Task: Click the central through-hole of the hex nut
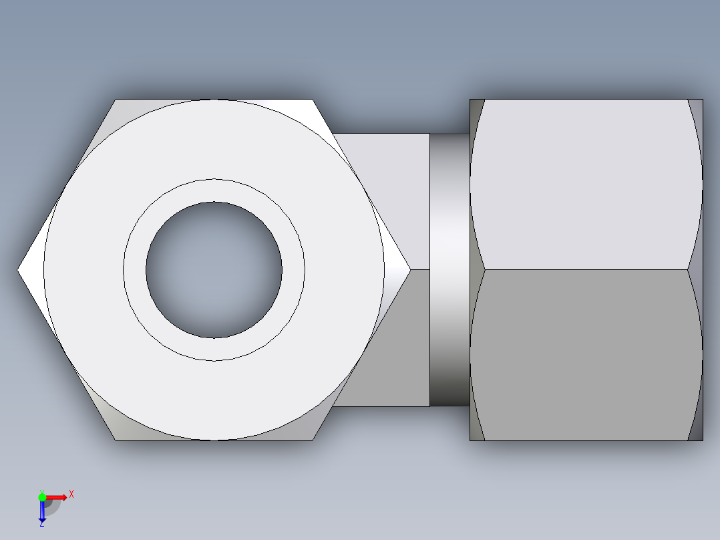pos(214,270)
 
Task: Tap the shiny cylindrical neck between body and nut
pos(449,270)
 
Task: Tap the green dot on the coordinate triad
pos(42,497)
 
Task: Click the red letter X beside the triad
pos(71,495)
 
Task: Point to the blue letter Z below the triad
pos(42,525)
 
